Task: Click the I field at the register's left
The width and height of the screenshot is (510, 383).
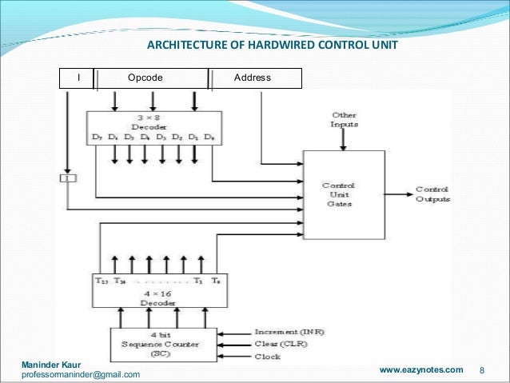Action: click(78, 78)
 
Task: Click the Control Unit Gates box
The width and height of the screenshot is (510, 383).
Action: click(341, 194)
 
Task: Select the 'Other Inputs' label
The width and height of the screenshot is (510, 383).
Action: click(345, 120)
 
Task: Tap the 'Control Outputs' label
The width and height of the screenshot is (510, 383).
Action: click(433, 194)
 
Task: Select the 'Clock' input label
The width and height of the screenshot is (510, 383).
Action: click(267, 357)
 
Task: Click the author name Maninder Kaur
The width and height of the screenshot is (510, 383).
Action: click(50, 364)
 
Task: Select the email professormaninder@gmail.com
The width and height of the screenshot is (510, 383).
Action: click(80, 374)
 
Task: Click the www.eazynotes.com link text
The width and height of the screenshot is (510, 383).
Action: click(420, 370)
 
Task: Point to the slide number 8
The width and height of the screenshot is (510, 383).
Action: click(482, 371)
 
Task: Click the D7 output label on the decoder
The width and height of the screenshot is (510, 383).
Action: click(97, 138)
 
